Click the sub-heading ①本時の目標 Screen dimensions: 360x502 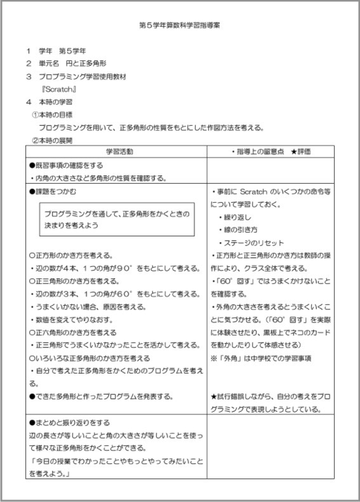pos(52,114)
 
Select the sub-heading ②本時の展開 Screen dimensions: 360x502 pos(52,140)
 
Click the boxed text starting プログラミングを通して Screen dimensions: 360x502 pos(116,219)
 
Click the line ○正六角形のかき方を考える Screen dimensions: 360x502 pos(73,332)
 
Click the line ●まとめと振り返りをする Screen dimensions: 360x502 pos(70,422)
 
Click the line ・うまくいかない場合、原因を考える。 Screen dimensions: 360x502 pos(89,306)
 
